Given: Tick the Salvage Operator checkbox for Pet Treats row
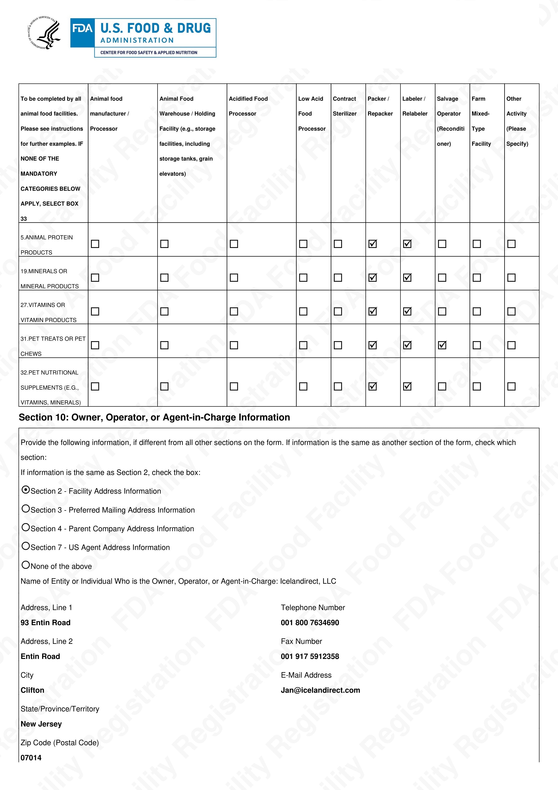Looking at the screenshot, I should coord(442,345).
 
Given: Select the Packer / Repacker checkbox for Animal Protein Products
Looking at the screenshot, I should coord(372,244).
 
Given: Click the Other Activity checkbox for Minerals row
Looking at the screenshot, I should coord(511,277).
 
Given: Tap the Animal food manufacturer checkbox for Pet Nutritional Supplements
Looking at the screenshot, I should coord(95,386).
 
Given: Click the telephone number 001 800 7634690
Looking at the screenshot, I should coord(310,622).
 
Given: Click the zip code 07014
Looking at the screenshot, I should coord(31,757).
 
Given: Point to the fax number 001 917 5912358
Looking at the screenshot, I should coord(310,656).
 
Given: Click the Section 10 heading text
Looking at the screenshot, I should coord(154,417).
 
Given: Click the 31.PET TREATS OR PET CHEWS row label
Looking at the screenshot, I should coord(53,346).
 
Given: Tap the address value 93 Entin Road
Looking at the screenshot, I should coord(45,622).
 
